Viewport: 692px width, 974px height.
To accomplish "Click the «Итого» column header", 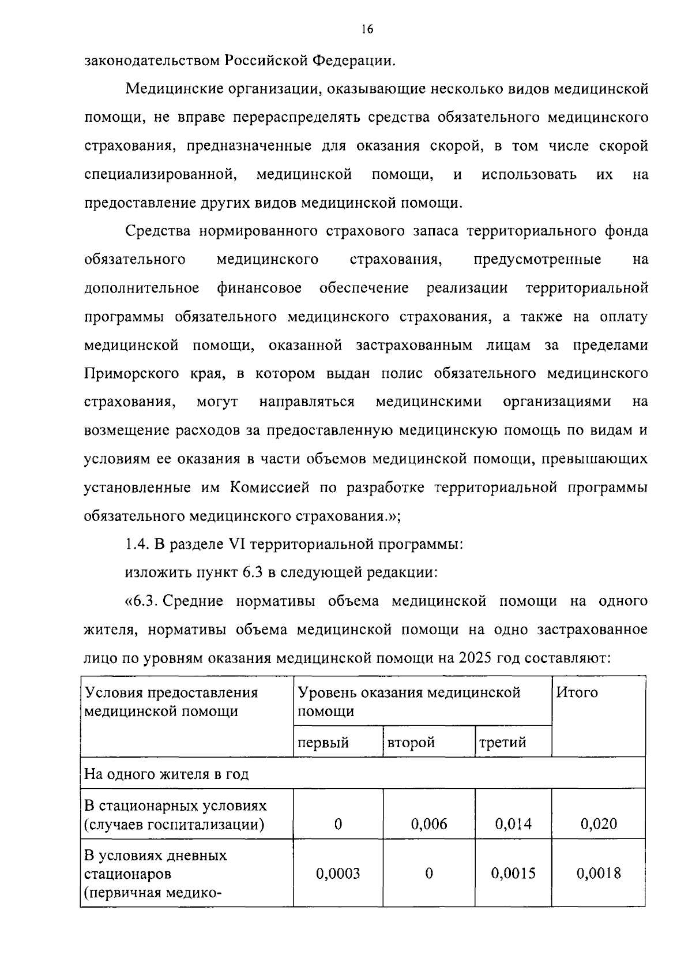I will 577,692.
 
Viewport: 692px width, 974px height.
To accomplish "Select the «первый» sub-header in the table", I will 324,742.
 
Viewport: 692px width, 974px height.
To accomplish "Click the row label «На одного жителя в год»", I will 167,773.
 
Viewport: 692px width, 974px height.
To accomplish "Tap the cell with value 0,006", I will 429,823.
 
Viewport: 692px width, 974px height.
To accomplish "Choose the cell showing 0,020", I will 599,823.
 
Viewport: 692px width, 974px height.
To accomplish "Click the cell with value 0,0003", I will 338,874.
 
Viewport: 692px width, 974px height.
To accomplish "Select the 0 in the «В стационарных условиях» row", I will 338,823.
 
